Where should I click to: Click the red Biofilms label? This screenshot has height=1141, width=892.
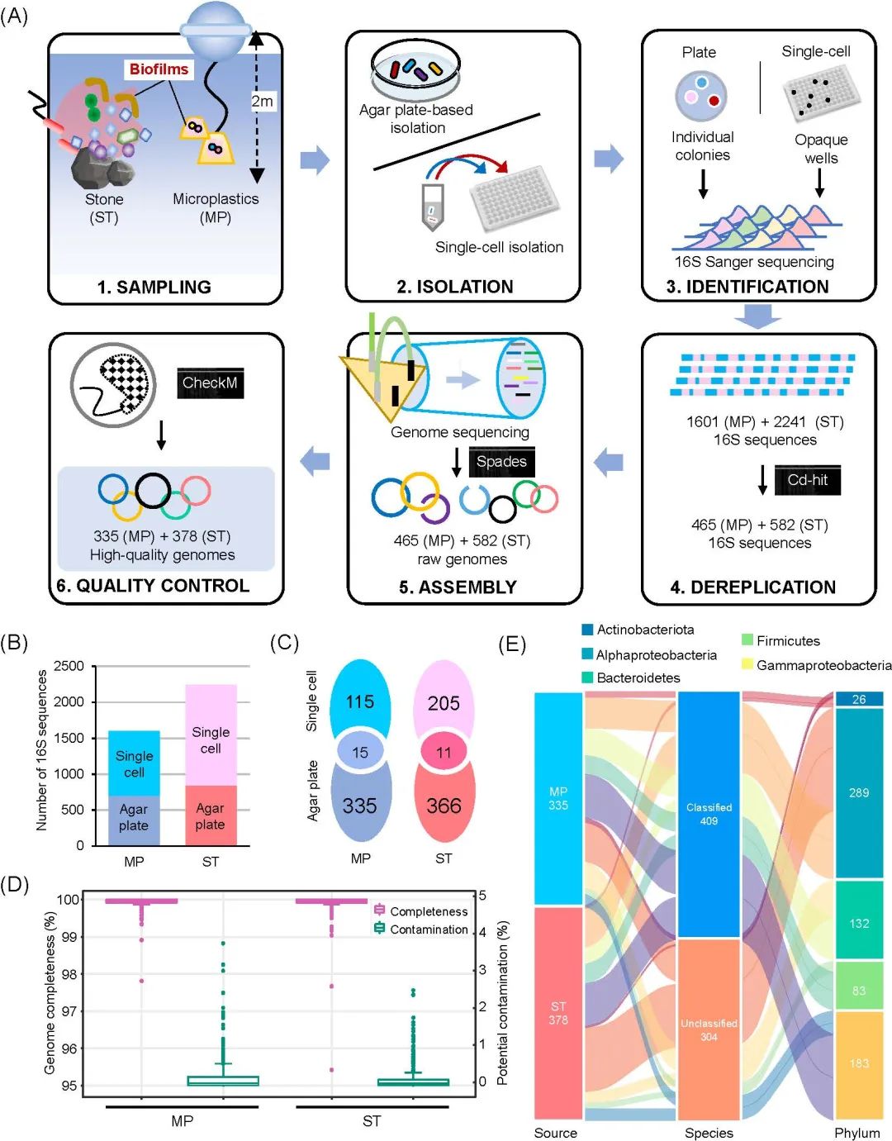click(159, 70)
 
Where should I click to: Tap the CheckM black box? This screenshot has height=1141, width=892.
click(210, 383)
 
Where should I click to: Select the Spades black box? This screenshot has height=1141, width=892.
click(501, 462)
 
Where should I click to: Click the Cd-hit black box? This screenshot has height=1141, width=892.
click(807, 480)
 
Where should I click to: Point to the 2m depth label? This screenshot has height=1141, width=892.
click(262, 102)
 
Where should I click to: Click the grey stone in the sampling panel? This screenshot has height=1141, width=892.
click(97, 169)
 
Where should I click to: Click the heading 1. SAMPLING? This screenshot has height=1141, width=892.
click(154, 287)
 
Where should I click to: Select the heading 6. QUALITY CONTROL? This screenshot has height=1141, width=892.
click(153, 586)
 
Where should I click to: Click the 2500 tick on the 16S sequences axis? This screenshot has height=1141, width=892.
click(69, 666)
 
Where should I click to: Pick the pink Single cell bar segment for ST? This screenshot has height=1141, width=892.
click(211, 735)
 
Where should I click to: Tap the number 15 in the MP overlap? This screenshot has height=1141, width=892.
click(360, 752)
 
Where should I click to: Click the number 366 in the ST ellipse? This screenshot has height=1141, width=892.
click(444, 806)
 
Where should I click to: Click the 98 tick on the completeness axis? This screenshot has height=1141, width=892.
click(70, 974)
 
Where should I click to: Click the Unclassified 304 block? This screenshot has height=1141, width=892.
click(709, 1029)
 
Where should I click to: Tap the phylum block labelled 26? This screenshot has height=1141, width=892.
click(859, 699)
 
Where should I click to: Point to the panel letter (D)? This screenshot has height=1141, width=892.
click(15, 884)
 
